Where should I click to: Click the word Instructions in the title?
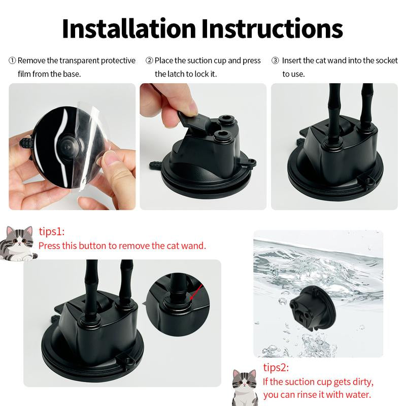coord(272,29)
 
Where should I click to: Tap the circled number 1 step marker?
coord(12,60)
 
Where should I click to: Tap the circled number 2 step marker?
coord(149,60)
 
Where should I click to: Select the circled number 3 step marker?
coord(275,60)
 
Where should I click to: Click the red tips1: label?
coord(52,231)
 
